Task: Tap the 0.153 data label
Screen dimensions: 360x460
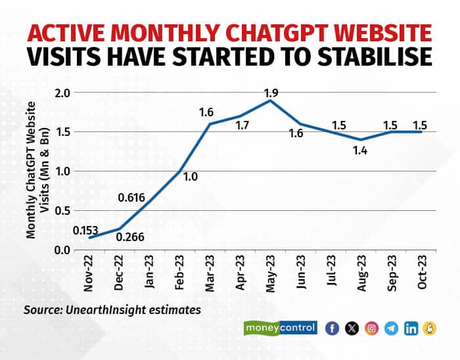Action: [85, 230]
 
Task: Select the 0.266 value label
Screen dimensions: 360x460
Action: [129, 237]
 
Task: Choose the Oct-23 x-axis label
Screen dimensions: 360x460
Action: [423, 277]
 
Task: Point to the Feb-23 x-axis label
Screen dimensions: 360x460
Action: [183, 277]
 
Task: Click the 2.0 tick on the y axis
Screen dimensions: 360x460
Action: [62, 93]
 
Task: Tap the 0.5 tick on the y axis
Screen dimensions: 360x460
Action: [62, 210]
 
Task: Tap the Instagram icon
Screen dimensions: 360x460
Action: [372, 328]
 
